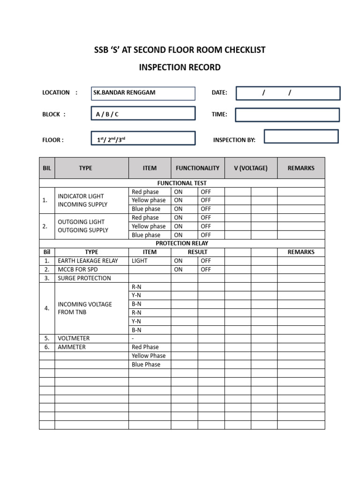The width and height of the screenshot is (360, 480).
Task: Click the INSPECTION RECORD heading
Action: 180,67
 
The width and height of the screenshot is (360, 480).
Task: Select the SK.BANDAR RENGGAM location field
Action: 143,93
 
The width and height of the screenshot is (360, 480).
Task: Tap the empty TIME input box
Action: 287,114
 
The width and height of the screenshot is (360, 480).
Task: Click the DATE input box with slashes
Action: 288,93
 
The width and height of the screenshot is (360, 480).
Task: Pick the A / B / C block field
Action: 143,114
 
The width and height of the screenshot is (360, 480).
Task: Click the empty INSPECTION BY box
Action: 301,136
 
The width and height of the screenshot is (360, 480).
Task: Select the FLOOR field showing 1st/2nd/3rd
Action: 143,139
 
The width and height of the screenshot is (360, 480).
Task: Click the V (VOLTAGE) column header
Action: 251,168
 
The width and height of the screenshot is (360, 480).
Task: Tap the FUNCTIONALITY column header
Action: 197,168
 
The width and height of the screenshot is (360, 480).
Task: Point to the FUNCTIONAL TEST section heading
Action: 182,183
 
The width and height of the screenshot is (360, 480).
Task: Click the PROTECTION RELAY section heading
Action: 182,243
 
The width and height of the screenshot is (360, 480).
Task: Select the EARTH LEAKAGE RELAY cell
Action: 88,261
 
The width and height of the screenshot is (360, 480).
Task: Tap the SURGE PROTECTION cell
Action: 84,278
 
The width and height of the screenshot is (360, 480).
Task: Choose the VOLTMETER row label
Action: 74,338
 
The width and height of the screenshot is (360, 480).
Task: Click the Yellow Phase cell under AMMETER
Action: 149,356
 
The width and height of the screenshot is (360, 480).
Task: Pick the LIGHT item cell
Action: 140,261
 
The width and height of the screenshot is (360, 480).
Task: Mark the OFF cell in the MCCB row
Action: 206,270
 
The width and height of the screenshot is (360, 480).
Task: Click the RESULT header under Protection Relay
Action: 197,252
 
